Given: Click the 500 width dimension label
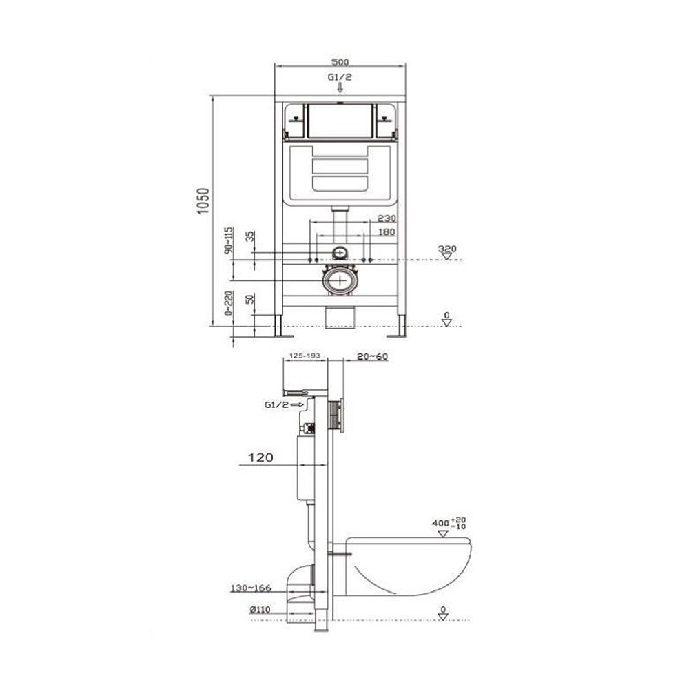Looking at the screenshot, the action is click(340, 63).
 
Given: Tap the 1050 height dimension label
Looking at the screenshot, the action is click(203, 201).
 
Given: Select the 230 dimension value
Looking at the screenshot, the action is click(387, 218).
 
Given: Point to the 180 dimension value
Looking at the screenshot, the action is click(387, 232).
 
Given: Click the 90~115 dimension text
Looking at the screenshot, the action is click(229, 240).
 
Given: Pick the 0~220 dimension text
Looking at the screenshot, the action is click(229, 303).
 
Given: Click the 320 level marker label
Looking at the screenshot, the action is click(447, 249).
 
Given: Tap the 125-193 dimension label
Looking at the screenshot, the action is click(305, 356).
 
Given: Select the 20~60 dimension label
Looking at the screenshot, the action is click(373, 356).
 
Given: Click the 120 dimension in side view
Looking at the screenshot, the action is click(260, 457).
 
